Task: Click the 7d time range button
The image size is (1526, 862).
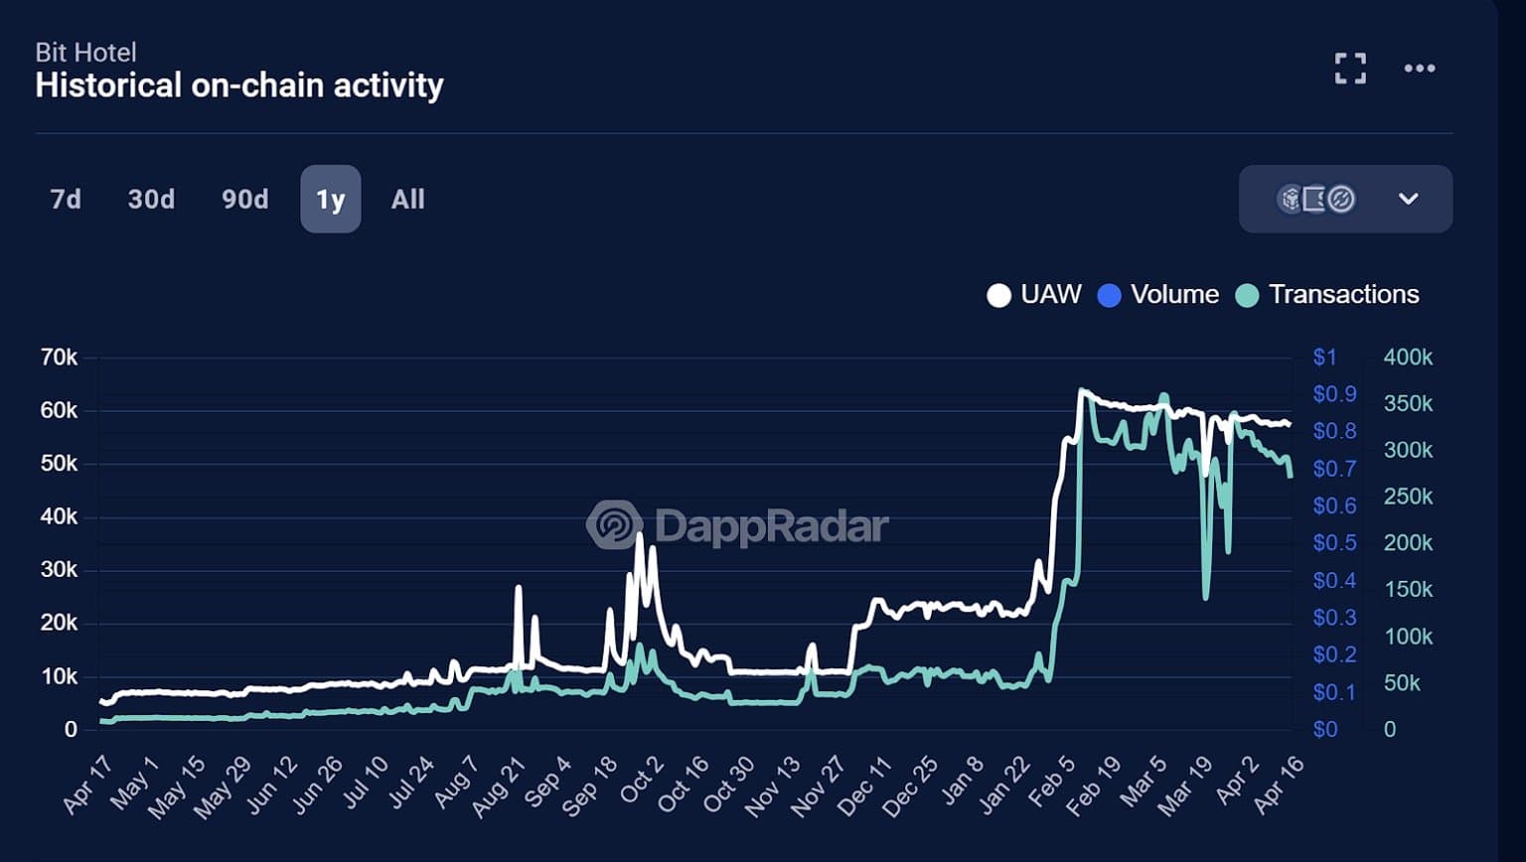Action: (66, 200)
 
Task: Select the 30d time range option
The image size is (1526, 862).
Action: (151, 200)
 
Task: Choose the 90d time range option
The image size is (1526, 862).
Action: (244, 200)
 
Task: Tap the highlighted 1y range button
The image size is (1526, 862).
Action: (331, 200)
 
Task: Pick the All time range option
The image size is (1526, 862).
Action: (407, 200)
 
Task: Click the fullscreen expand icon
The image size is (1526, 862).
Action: (1350, 69)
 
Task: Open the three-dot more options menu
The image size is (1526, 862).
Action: (1419, 69)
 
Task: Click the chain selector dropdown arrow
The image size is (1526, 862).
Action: (1408, 199)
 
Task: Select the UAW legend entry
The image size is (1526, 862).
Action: (1034, 295)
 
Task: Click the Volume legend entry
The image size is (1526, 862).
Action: (1158, 295)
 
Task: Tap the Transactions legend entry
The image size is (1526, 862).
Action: (1327, 295)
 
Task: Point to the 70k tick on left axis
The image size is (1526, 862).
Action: (59, 358)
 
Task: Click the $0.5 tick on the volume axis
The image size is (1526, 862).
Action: (1334, 543)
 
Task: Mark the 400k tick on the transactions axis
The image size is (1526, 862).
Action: (1408, 358)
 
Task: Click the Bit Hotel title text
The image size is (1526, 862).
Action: (85, 53)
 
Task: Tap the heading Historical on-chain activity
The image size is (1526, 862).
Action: (239, 85)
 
